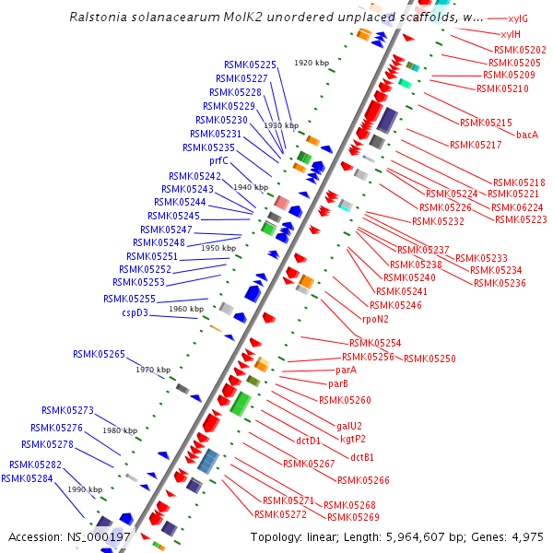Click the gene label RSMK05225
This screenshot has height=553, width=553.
click(250, 65)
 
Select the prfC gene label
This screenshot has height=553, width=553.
click(218, 160)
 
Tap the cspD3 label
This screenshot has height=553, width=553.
click(135, 313)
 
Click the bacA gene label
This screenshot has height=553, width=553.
click(527, 135)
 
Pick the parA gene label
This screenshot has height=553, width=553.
click(346, 370)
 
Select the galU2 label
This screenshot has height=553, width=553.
click(349, 427)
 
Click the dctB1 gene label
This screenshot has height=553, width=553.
click(362, 457)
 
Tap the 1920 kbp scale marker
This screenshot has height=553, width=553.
click(312, 64)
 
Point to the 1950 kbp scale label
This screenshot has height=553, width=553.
click(218, 248)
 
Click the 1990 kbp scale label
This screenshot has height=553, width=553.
click(85, 489)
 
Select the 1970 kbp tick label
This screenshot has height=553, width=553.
click(153, 370)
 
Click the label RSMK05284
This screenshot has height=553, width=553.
click(27, 478)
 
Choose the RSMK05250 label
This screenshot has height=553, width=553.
click(429, 358)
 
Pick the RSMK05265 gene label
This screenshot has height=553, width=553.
click(99, 354)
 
